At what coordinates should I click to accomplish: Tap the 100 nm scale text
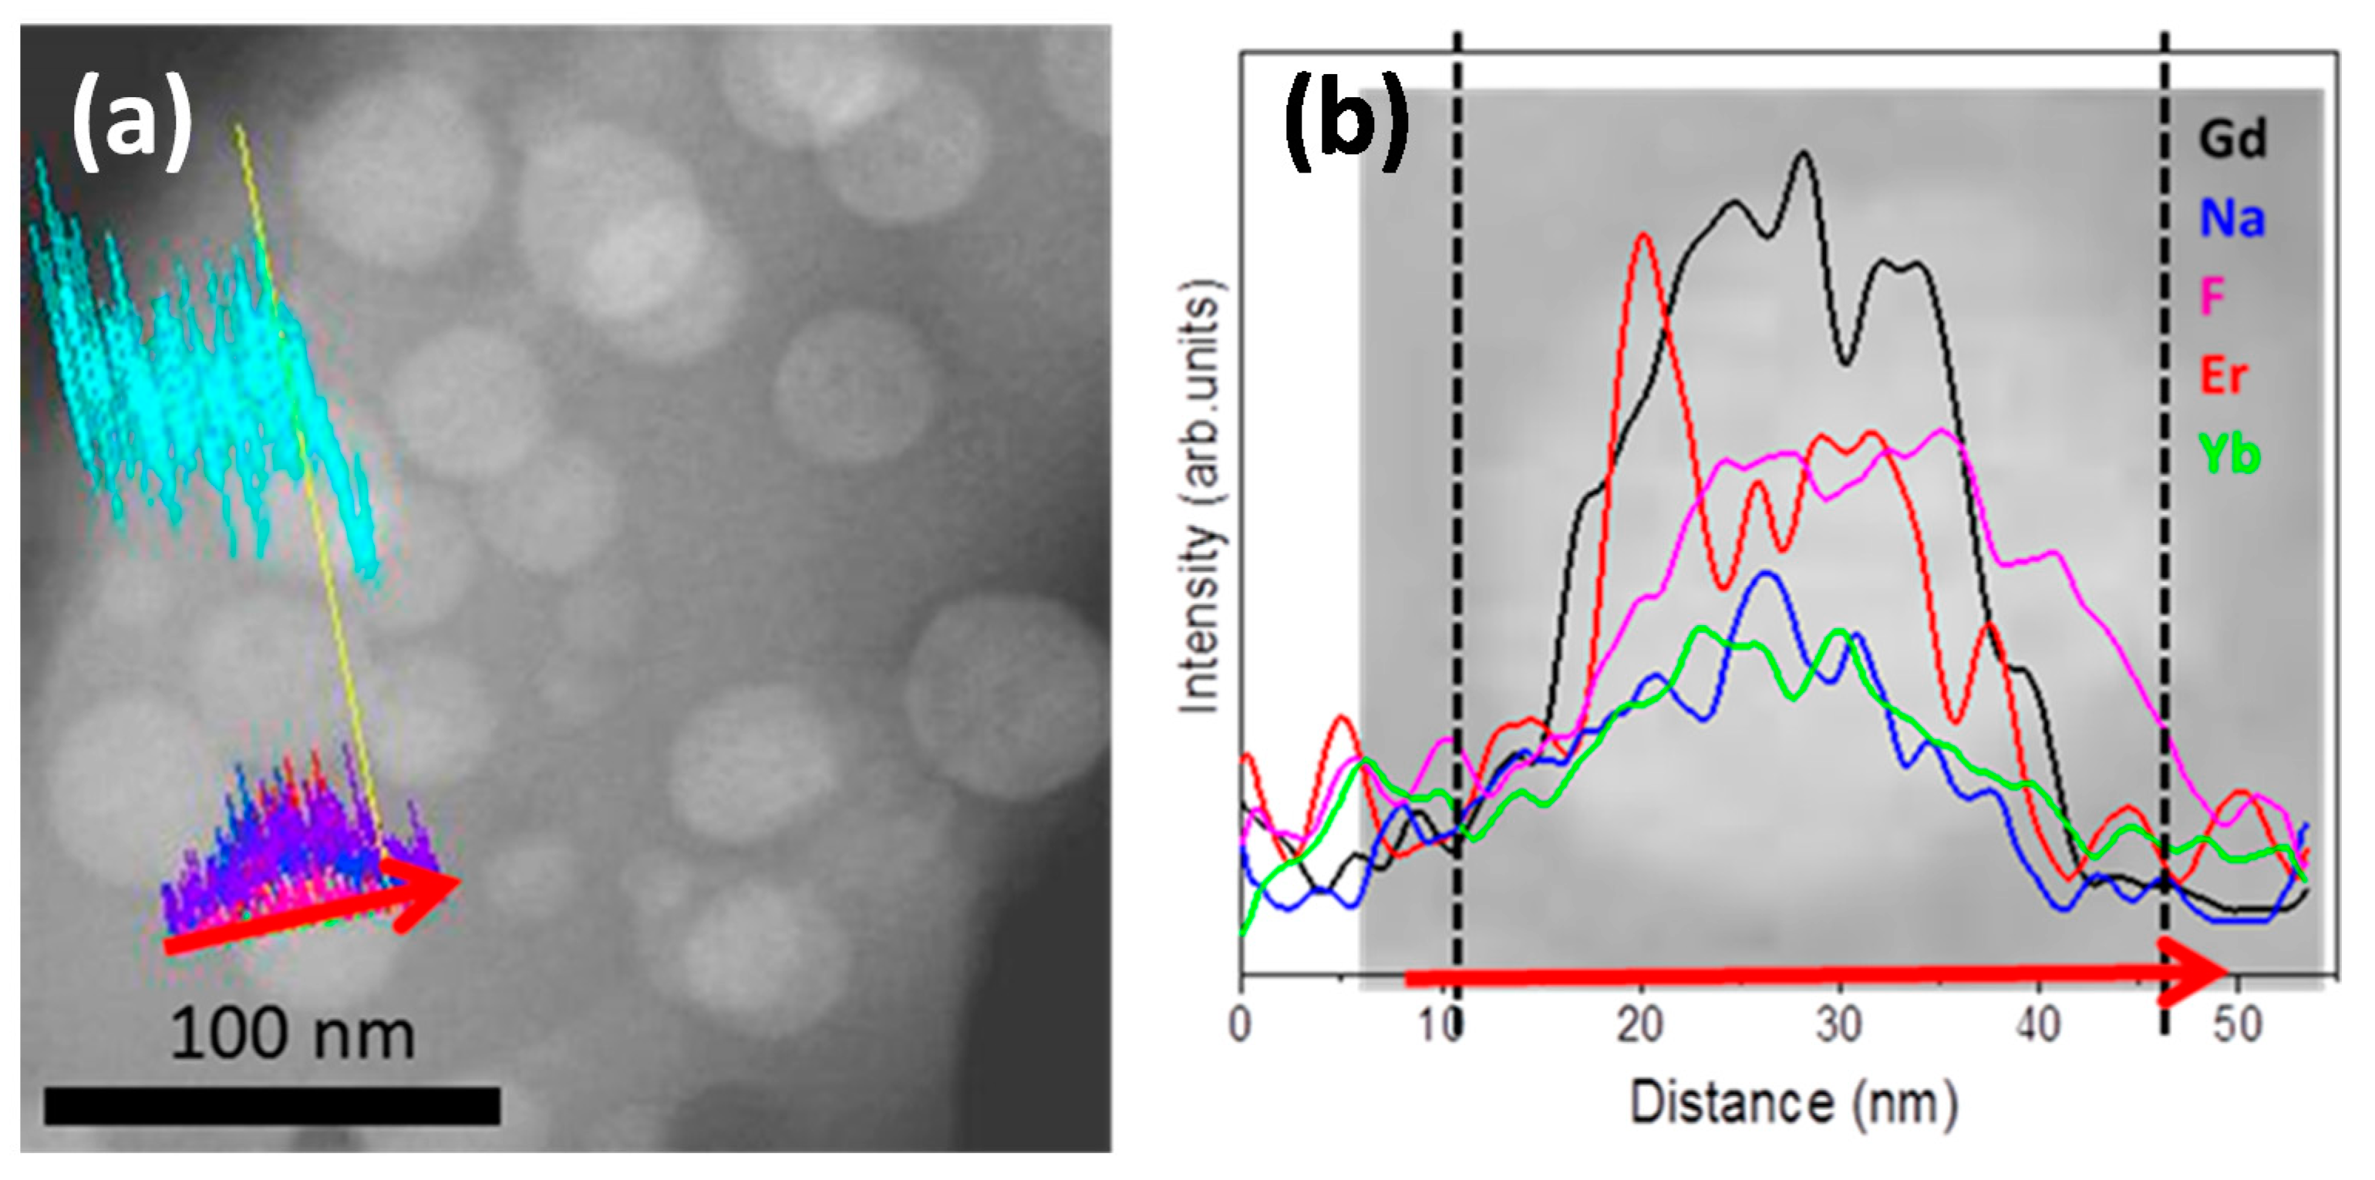click(292, 1034)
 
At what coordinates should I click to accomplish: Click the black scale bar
click(272, 1105)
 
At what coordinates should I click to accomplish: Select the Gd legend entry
click(2231, 140)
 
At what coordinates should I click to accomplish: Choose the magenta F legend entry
click(2213, 297)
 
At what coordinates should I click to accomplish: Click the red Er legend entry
click(2224, 376)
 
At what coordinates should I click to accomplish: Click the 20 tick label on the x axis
click(1639, 1024)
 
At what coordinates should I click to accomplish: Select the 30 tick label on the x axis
click(1838, 1024)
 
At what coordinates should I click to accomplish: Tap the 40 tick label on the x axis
click(2037, 1024)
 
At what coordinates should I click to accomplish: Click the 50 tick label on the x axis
click(2237, 1024)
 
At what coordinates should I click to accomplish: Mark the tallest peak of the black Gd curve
click(1804, 154)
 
